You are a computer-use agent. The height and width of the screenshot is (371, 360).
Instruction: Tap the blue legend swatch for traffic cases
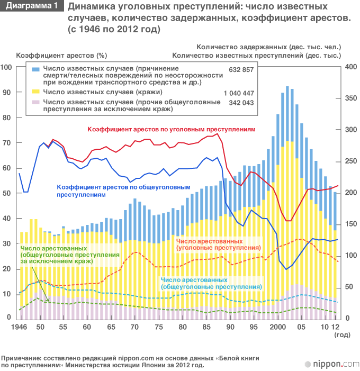36,69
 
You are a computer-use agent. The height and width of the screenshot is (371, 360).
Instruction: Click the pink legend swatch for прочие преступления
36,102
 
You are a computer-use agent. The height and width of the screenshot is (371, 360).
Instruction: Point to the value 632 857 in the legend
241,69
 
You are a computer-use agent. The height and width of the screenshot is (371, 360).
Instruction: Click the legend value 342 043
241,102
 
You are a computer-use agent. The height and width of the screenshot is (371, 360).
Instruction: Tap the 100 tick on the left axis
6,67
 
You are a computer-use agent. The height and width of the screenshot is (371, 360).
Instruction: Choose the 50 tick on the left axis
7,193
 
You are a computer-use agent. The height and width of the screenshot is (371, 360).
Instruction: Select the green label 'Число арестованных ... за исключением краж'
70,255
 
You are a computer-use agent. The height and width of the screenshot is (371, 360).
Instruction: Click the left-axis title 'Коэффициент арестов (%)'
62,55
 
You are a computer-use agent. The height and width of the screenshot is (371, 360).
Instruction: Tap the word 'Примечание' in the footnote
22,358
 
